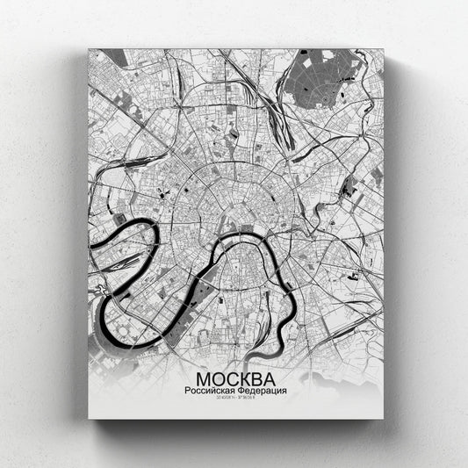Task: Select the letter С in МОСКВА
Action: click(x=230, y=377)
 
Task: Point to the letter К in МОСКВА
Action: click(x=245, y=377)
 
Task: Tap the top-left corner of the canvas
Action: click(x=90, y=50)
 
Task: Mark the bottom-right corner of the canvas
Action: click(x=384, y=419)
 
